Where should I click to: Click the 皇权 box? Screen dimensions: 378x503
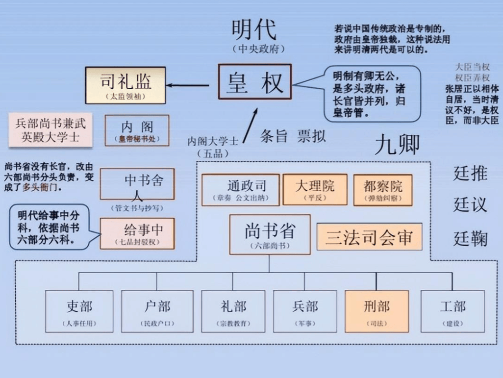coord(254,82)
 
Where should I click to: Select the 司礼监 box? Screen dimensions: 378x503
coord(126,85)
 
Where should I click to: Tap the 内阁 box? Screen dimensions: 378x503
coord(137,130)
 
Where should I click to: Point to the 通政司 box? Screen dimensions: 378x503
coord(240,190)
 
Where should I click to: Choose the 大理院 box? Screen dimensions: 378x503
coord(315,190)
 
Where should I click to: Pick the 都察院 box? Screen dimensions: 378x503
coord(382,190)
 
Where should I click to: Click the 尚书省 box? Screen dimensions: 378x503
coord(270,234)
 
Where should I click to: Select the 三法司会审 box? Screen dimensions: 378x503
coord(369,237)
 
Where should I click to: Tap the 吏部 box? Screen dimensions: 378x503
coord(79,311)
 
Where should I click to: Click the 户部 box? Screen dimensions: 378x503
coord(157,311)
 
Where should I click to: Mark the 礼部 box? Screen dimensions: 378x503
coord(233,311)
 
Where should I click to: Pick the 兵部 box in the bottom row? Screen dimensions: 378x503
coord(304,311)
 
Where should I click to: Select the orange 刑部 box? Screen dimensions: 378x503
coord(377,311)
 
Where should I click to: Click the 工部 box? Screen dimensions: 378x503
coord(452,311)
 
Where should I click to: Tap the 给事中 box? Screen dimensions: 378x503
coord(137,233)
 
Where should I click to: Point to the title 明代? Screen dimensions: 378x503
coord(253,30)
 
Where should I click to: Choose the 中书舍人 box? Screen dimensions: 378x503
coord(137,184)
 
